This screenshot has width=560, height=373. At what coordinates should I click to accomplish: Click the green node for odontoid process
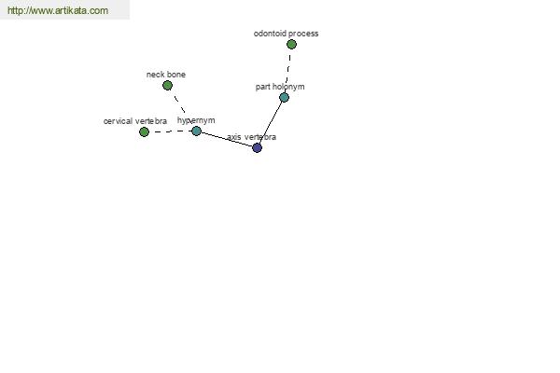click(291, 44)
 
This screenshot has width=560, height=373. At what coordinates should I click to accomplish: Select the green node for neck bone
click(167, 85)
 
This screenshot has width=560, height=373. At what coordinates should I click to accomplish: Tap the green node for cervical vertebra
click(144, 132)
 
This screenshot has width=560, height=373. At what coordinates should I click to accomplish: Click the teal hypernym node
click(196, 131)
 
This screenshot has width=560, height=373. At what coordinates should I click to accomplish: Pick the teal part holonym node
click(284, 97)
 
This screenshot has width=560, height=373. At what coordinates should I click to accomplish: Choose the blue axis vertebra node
click(258, 147)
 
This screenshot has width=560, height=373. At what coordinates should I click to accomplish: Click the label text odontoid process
click(287, 34)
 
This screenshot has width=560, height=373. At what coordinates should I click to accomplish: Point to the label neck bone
click(166, 75)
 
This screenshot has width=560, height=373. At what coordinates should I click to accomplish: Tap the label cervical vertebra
click(135, 121)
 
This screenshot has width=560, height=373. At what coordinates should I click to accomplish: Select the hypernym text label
click(196, 120)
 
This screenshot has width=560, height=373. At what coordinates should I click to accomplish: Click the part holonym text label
click(280, 87)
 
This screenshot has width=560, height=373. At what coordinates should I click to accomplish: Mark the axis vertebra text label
click(251, 137)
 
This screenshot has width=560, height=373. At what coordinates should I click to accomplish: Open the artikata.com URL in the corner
click(58, 10)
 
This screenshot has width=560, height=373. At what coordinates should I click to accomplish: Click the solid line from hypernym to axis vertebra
click(227, 139)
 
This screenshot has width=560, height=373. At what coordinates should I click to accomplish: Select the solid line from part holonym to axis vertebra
click(271, 122)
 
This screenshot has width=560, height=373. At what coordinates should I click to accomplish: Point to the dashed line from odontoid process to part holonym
click(288, 71)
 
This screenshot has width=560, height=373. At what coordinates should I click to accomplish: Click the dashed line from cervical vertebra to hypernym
click(171, 131)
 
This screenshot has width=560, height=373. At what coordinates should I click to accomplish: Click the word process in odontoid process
click(303, 34)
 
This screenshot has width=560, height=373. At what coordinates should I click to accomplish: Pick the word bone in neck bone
click(176, 75)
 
